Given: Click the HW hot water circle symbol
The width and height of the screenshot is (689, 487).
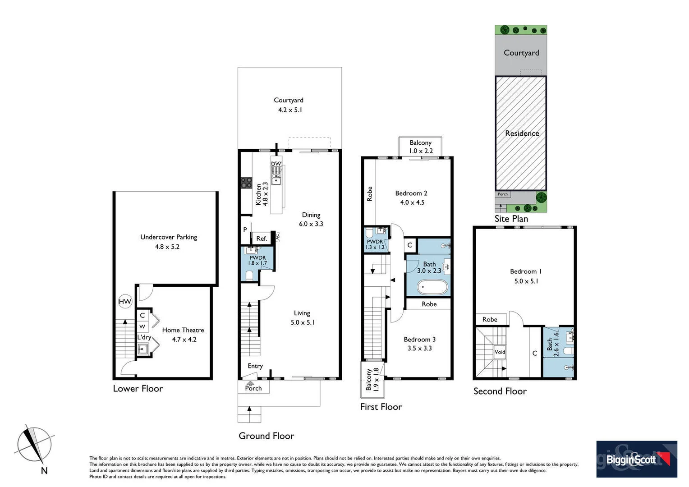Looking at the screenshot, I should [125, 302].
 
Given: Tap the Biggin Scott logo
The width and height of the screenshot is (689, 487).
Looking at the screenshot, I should [636, 459].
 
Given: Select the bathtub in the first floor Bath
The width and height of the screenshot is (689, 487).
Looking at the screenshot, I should [433, 287].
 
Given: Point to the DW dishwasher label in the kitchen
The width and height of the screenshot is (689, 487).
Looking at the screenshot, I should [276, 164].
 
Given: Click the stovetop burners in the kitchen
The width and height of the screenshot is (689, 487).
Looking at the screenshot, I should [246, 183].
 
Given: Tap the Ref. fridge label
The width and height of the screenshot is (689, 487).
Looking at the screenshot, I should [262, 239].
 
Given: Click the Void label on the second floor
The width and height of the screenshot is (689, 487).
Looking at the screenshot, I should [500, 352].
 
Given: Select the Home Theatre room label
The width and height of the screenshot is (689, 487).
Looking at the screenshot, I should [183, 330].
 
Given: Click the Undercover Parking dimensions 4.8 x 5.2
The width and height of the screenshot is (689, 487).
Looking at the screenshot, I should [167, 247].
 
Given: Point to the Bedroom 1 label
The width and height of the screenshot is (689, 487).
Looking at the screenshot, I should [526, 271].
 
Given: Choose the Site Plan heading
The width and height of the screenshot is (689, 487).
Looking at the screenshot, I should [511, 219].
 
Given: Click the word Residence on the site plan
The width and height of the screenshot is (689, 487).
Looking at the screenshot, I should [522, 133].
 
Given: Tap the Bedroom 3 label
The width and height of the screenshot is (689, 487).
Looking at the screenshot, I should [419, 339].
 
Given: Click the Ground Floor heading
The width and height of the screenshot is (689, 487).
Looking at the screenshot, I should [266, 436].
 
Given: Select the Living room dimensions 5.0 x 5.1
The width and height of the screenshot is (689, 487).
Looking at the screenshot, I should [303, 322].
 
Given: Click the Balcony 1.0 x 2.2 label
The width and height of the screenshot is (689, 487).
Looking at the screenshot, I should [421, 147].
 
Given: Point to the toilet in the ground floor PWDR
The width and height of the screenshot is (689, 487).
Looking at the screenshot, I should [249, 276].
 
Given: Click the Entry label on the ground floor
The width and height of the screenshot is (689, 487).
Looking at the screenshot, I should [255, 366].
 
